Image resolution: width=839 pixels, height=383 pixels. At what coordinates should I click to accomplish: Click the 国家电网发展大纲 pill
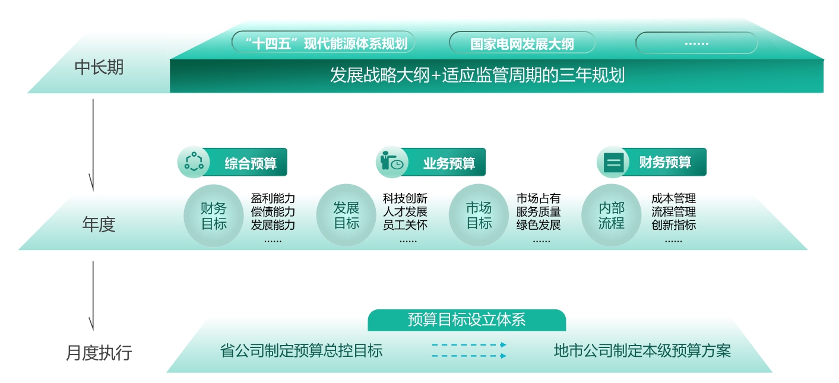click(522, 43)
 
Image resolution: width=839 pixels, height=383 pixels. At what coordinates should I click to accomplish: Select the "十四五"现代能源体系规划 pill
click(324, 42)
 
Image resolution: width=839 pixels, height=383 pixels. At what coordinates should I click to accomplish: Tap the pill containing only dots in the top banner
click(696, 43)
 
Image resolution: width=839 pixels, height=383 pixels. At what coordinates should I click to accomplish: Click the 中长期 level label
click(99, 67)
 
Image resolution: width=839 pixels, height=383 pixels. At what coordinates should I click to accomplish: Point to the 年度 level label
click(99, 224)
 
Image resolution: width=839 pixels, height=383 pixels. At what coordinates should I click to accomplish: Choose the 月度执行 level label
click(99, 353)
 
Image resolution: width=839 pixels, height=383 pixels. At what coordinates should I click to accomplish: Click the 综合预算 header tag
click(233, 162)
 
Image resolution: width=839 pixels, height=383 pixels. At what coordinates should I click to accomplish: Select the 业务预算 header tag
click(430, 162)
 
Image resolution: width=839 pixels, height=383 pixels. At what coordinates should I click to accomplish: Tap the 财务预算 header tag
click(652, 162)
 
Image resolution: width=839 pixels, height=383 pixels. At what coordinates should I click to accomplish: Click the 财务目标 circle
click(214, 216)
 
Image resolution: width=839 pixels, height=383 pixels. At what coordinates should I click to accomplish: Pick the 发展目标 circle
click(346, 216)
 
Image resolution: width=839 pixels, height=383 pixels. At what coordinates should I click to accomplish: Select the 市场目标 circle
click(479, 216)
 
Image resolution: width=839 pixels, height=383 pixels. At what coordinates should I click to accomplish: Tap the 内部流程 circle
click(611, 216)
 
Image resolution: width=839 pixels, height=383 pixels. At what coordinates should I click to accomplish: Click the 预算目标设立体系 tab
click(467, 320)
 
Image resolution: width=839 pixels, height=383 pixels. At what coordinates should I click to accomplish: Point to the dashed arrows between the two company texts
click(469, 350)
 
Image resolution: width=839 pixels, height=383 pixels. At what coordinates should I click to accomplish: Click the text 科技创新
click(405, 198)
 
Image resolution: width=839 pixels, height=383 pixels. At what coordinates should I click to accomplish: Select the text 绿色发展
click(538, 225)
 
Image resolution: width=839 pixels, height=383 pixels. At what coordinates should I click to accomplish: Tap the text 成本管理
click(673, 198)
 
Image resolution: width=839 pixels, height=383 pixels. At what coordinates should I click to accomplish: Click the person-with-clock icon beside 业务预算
click(391, 162)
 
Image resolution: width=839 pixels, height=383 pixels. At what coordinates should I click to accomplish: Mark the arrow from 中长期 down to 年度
click(93, 145)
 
